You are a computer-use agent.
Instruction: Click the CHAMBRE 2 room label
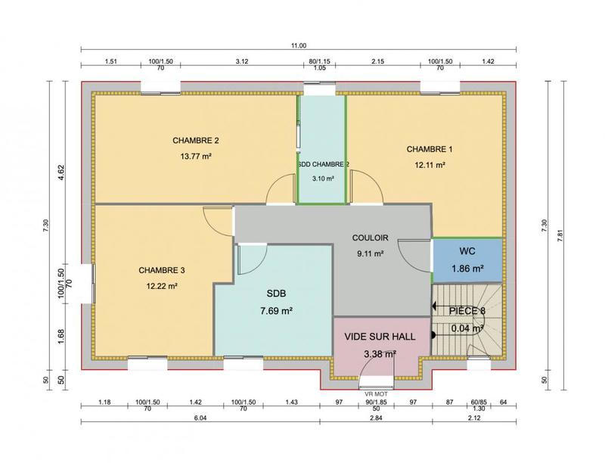click(x=195, y=141)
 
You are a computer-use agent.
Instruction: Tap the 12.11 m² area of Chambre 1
click(x=429, y=164)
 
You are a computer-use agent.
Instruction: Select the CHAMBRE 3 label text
click(x=162, y=270)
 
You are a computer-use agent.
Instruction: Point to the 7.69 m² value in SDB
click(x=277, y=310)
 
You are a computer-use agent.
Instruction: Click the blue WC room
click(x=467, y=260)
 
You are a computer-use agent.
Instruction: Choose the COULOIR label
click(x=371, y=237)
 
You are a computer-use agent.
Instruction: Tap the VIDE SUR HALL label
click(x=380, y=337)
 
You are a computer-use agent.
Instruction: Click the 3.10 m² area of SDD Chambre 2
click(x=323, y=179)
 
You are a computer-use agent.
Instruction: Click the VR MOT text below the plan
click(x=375, y=394)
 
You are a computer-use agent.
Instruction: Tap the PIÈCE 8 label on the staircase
click(x=467, y=311)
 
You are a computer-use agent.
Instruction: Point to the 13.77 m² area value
click(x=195, y=157)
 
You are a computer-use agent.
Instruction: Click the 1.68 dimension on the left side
click(x=63, y=331)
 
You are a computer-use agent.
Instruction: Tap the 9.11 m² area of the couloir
click(x=371, y=254)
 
